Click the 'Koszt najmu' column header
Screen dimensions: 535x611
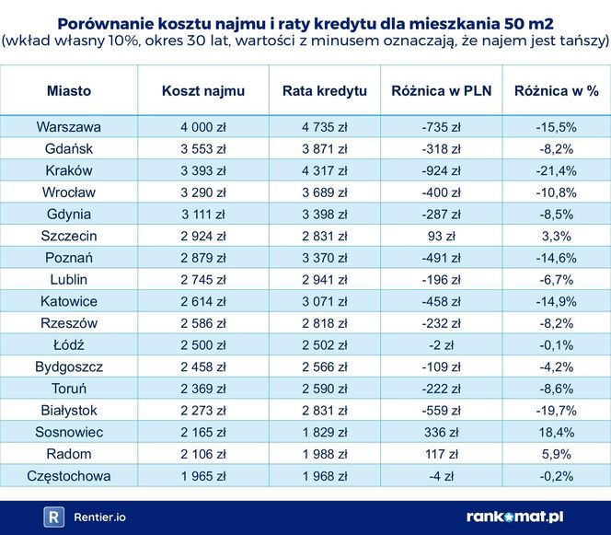point(201,91)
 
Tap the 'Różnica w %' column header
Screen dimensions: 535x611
point(556,91)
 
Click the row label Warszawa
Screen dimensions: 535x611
point(69,127)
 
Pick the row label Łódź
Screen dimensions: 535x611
point(69,344)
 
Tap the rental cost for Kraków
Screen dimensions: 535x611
point(201,170)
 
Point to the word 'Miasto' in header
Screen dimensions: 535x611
point(69,91)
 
